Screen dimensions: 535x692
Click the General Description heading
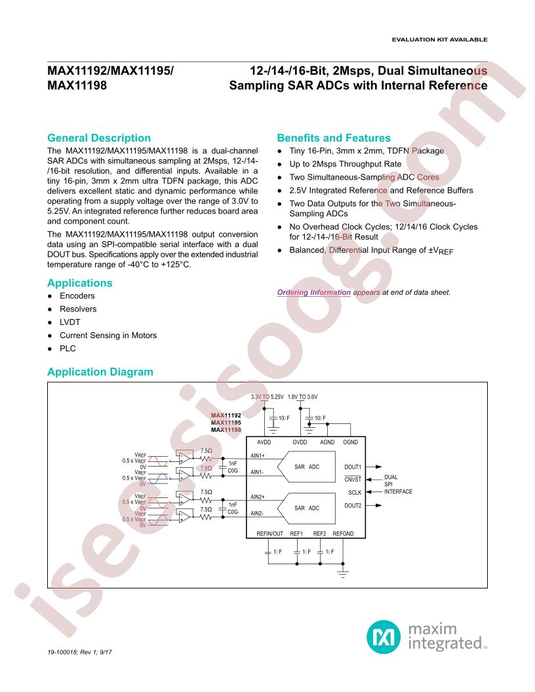(99, 138)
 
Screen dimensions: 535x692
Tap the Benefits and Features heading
(334, 138)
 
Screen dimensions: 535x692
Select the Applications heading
(80, 283)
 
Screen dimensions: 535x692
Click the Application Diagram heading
(100, 372)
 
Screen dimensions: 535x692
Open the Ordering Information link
(314, 292)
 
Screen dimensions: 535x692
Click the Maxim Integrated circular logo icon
(383, 637)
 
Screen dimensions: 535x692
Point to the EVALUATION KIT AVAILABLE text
(440, 39)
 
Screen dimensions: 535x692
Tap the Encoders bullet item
(77, 296)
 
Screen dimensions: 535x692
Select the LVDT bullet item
(69, 322)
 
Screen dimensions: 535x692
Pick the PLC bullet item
(68, 348)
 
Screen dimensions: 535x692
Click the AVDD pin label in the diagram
(264, 442)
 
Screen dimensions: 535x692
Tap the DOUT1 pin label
(353, 467)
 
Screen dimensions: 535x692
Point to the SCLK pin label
(355, 493)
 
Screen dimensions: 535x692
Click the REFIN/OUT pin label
(269, 533)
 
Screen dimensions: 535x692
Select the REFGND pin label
(343, 533)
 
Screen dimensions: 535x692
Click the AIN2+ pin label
(258, 497)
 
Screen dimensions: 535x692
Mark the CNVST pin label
(353, 480)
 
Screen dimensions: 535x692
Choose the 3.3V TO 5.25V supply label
(267, 396)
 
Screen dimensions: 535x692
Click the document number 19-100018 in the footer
(62, 652)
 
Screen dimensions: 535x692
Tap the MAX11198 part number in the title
(77, 85)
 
